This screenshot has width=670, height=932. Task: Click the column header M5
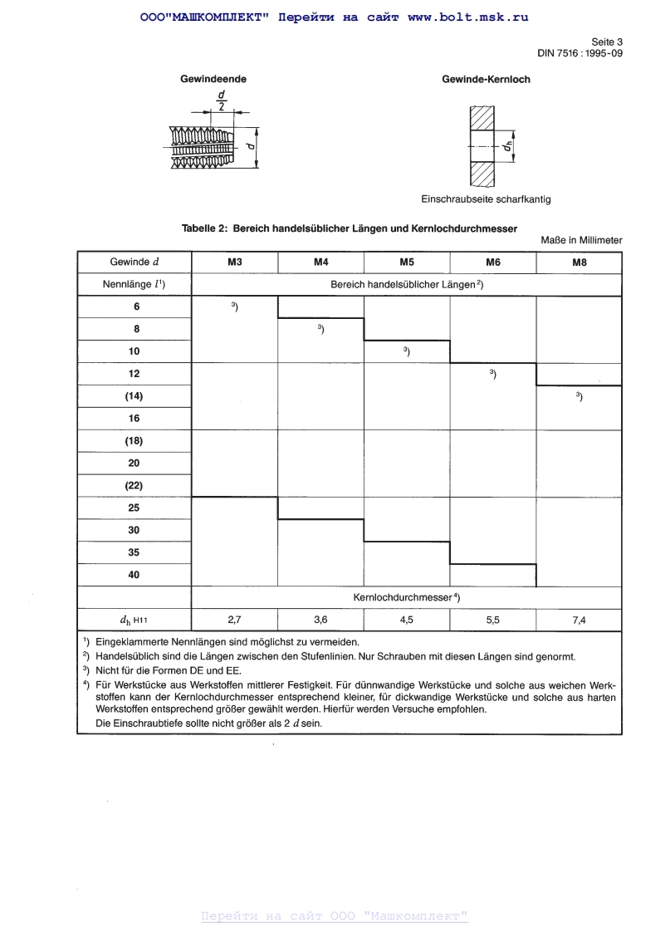407,262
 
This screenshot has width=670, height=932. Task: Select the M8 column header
579,262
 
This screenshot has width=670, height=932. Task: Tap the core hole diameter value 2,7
234,621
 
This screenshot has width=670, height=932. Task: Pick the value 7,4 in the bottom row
579,621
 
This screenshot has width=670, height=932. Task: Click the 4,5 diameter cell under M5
407,621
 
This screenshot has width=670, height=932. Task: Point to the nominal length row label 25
134,508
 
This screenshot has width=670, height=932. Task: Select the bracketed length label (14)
134,396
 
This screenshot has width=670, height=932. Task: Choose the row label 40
134,575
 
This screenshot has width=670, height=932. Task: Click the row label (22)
134,485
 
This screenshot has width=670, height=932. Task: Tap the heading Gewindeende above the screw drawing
213,80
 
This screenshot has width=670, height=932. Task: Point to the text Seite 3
606,41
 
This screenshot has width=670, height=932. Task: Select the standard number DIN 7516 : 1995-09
580,53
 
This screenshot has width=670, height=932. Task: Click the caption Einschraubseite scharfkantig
486,199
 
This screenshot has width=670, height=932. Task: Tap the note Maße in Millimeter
581,240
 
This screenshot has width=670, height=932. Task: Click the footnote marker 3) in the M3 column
235,307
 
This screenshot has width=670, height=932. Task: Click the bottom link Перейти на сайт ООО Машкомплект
335,916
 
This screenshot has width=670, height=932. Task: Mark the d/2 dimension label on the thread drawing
221,101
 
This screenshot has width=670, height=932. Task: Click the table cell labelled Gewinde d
134,262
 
